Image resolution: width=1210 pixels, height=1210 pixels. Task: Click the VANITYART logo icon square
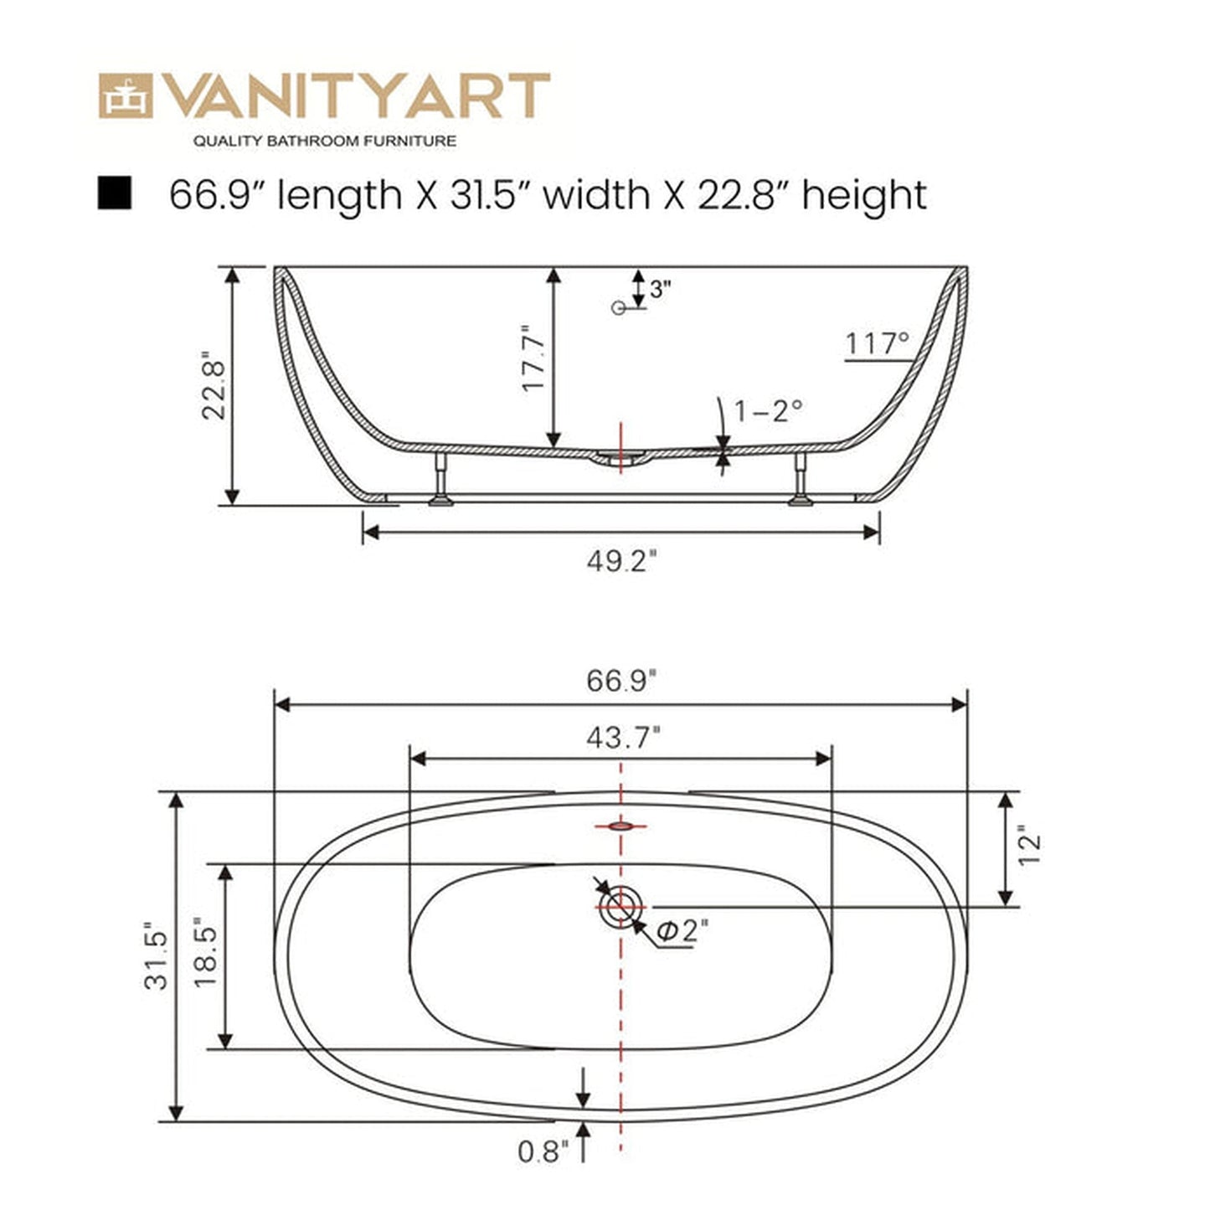126,95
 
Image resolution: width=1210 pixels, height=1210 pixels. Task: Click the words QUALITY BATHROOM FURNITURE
325,141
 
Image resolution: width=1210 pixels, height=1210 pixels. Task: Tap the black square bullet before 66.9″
114,193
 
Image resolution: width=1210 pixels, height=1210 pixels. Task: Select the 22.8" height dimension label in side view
213,389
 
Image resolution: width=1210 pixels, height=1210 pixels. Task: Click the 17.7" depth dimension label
533,358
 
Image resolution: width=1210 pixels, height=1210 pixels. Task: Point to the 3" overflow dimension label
661,290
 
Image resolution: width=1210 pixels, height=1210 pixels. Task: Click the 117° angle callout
877,343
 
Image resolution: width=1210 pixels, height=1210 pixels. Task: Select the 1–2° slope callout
769,410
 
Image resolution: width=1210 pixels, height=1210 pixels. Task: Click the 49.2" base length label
620,561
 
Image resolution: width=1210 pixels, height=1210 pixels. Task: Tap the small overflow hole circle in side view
619,308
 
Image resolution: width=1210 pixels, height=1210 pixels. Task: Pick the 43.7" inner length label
623,738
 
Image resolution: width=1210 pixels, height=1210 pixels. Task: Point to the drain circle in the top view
620,908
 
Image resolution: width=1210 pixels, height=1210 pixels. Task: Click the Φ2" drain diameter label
683,930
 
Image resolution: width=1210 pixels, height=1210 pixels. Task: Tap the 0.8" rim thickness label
543,1152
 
